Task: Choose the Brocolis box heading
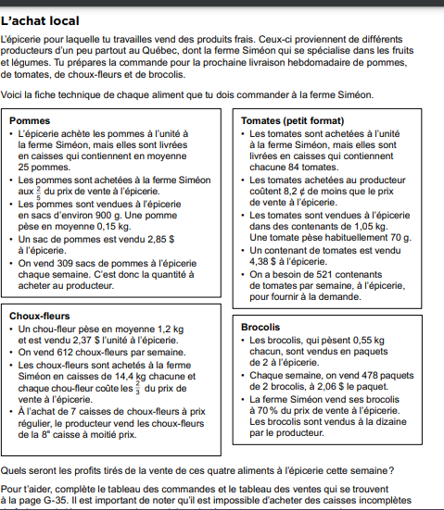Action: (x=261, y=328)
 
